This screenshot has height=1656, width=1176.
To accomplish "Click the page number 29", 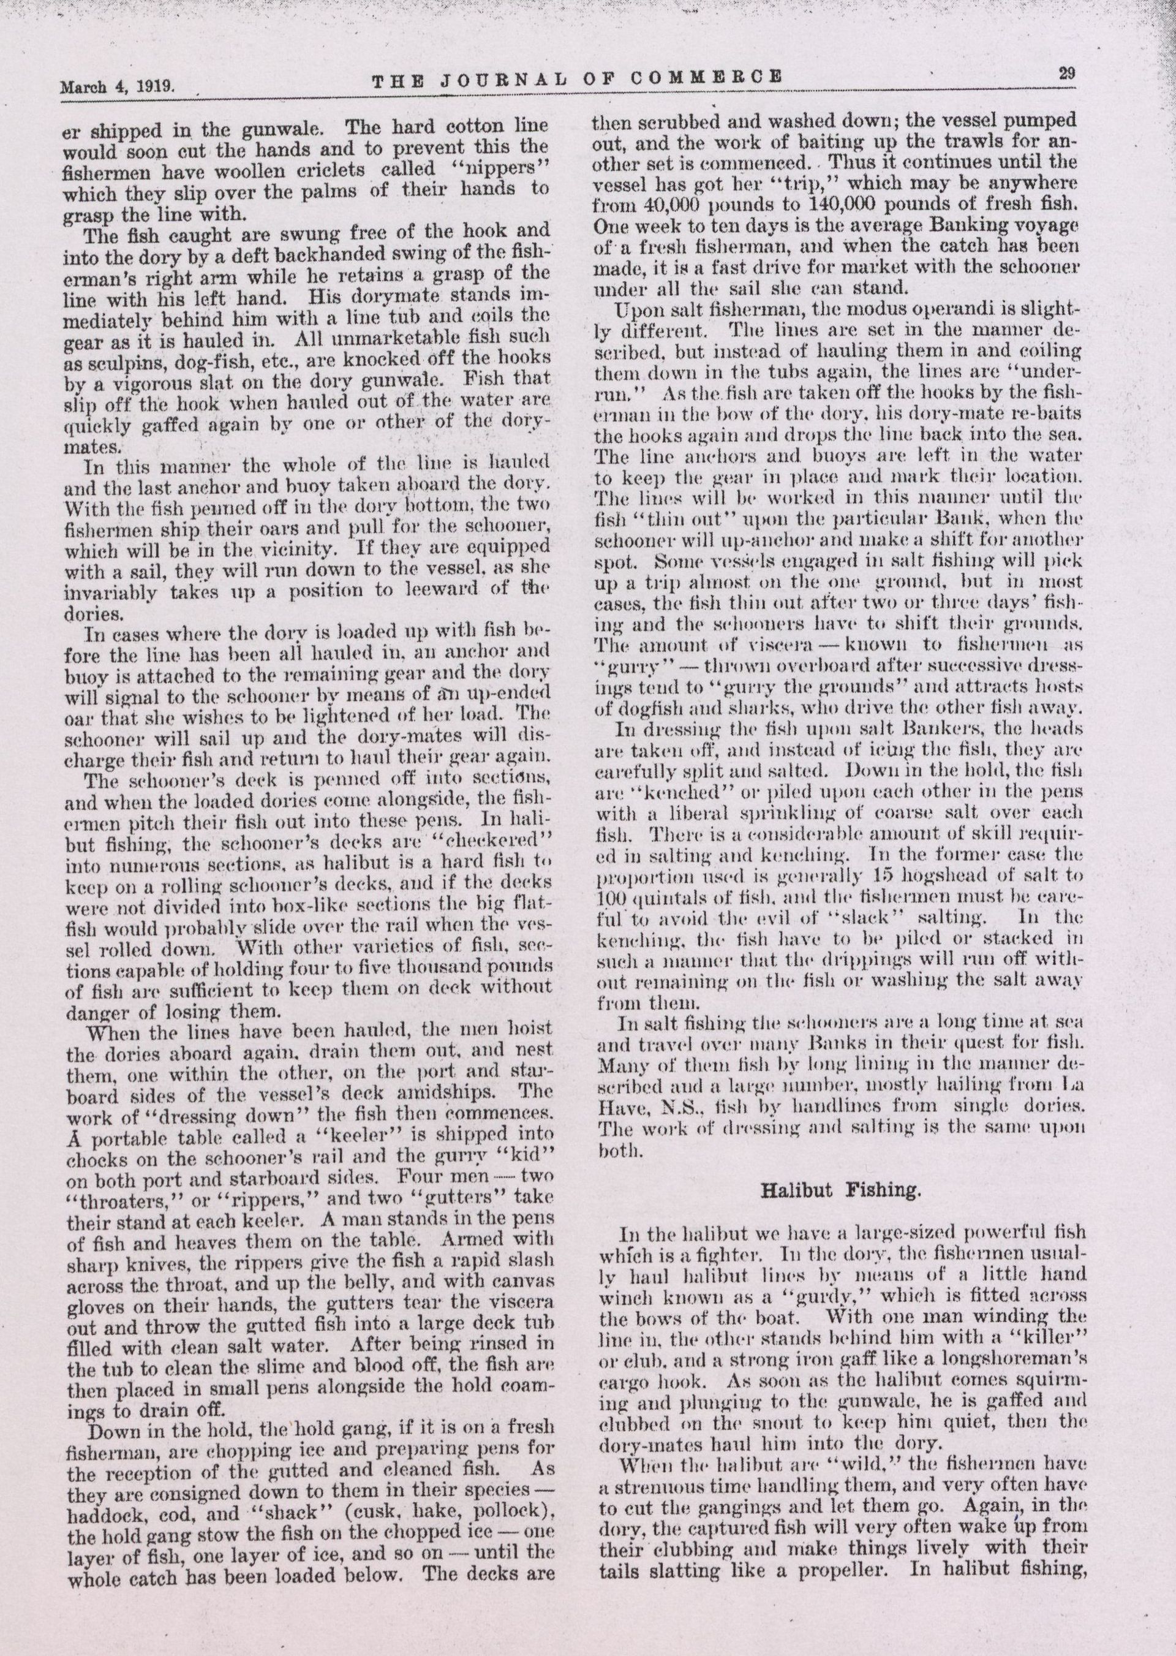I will click(x=1066, y=73).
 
